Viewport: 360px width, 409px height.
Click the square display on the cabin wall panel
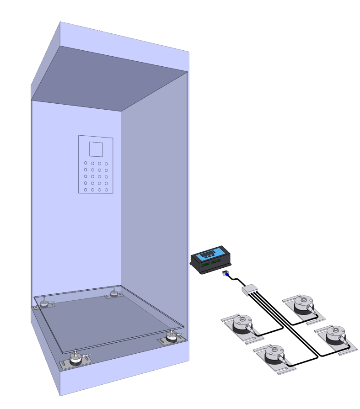point(96,149)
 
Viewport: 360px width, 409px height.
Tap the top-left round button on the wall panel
point(85,163)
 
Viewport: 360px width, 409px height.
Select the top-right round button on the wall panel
point(106,163)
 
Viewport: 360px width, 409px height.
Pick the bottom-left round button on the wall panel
point(85,189)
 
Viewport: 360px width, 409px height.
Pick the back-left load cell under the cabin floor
point(45,302)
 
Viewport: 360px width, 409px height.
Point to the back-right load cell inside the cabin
point(113,293)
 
